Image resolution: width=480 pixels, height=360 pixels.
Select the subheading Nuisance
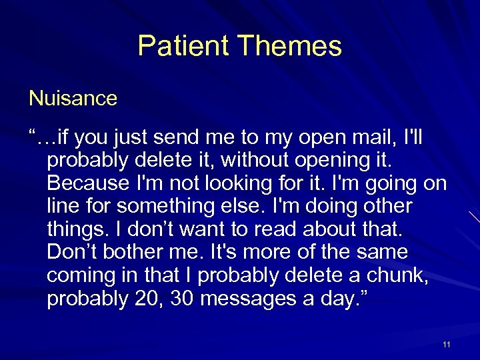[73, 99]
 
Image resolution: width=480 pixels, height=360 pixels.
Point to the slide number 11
[446, 344]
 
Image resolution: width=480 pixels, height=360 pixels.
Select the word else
[237, 206]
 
